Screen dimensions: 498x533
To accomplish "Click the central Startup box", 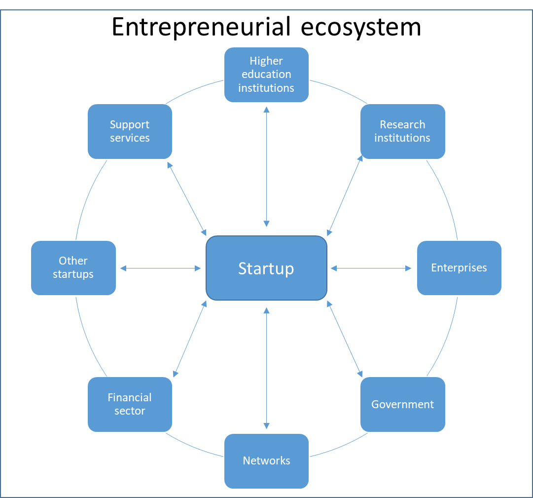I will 266,268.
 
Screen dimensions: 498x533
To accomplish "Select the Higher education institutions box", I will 266,75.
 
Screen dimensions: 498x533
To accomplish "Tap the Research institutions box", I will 402,131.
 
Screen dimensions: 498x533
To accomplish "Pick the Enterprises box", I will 459,268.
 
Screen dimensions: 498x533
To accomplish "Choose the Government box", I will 402,404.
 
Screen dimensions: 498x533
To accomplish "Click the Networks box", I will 266,461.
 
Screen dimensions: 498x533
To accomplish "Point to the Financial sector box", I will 130,404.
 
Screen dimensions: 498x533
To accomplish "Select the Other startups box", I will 73,268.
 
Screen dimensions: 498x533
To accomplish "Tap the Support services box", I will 130,131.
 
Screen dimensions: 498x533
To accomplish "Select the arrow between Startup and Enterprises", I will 371,268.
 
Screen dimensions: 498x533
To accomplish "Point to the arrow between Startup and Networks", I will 266,368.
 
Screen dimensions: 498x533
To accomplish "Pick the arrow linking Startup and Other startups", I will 161,268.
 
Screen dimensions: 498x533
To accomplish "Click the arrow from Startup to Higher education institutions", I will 266,166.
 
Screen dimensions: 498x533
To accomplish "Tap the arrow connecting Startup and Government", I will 345,339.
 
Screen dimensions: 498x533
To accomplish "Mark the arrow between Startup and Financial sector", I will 190,339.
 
